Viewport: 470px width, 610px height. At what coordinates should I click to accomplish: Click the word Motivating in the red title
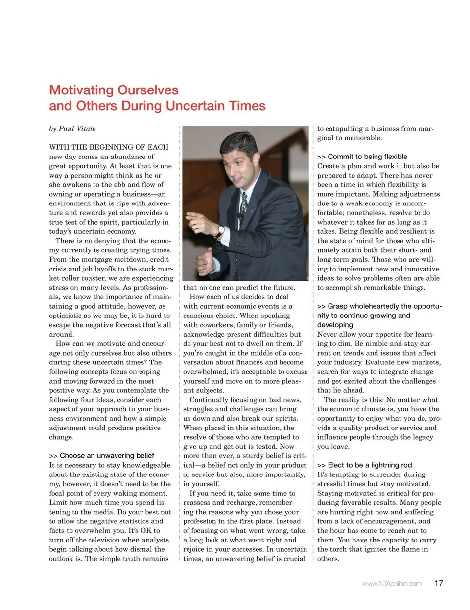coord(80,90)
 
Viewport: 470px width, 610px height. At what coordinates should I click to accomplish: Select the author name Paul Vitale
coord(77,129)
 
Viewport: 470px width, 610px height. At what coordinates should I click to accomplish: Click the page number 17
coord(439,583)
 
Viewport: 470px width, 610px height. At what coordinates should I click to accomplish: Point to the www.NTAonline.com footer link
coord(392,583)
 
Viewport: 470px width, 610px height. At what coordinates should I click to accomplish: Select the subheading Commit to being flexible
coord(367,157)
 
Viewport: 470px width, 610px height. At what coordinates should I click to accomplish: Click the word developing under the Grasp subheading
coord(335,325)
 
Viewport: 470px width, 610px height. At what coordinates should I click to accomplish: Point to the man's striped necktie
coord(243,205)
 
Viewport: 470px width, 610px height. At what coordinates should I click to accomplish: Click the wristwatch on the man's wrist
coord(221,230)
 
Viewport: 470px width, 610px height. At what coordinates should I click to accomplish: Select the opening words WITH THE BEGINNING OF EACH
coord(109,147)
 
